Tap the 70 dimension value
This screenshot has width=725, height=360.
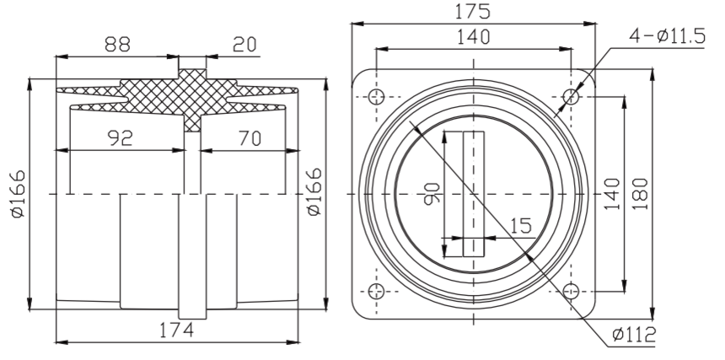[249, 138]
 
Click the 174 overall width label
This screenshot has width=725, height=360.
[178, 330]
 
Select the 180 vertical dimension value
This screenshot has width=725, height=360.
[638, 193]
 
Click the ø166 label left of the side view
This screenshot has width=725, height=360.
[17, 193]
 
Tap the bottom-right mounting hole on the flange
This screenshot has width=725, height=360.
[571, 291]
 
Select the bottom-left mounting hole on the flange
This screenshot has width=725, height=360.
[377, 291]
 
